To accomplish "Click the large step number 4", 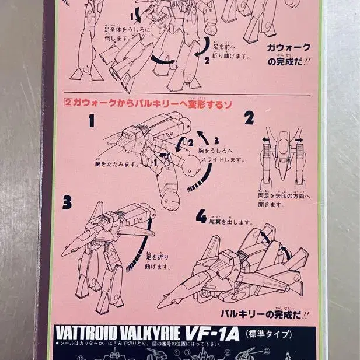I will click(201, 218).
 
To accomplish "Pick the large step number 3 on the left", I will click(67, 202).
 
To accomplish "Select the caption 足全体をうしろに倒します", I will click(124, 34).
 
